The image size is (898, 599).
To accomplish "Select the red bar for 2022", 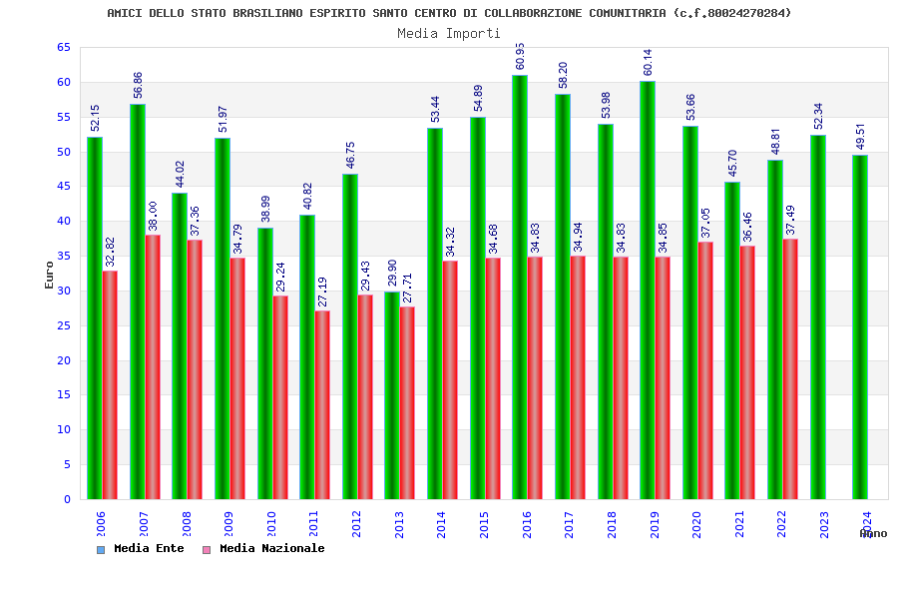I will click(790, 368).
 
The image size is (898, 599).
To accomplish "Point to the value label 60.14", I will click(649, 62).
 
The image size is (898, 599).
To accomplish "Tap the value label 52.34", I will click(819, 116).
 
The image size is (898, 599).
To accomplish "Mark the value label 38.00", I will click(154, 216).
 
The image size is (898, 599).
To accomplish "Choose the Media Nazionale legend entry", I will click(270, 549).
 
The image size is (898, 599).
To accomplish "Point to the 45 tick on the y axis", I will click(63, 187).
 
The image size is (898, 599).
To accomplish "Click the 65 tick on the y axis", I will click(63, 48).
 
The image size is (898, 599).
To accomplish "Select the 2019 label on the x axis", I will click(655, 525).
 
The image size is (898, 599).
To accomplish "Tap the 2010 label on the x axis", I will click(270, 525).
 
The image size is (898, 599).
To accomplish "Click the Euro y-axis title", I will click(50, 275).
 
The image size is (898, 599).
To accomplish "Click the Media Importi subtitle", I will click(449, 33).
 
